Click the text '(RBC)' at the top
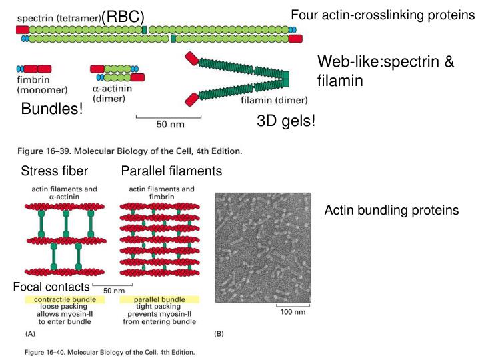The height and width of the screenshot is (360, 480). coord(123,16)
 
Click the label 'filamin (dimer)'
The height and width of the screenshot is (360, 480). coord(274,101)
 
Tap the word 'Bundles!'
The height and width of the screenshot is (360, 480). coord(53,109)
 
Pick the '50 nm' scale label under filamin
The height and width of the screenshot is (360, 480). coord(171,125)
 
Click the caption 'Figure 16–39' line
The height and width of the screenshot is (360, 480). coord(129,151)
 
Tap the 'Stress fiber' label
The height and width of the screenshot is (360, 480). coord(55,172)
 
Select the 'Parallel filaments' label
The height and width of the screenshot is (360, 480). coord(171,172)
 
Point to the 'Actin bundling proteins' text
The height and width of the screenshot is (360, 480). coord(391,211)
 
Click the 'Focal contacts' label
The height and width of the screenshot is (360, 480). coord(51,287)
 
